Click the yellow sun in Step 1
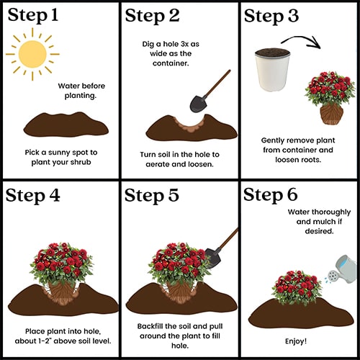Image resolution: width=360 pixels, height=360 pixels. tap(32, 54)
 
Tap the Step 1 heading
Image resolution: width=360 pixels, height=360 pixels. tap(33, 15)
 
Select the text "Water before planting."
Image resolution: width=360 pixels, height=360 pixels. tap(81, 91)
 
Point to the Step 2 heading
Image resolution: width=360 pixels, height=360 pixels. tap(152, 16)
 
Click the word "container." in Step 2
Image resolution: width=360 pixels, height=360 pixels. tap(171, 63)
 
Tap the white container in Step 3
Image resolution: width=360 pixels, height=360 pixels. tap(273, 70)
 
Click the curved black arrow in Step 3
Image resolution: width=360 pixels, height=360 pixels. tap(300, 38)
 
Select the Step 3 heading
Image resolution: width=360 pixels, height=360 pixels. tap(271, 16)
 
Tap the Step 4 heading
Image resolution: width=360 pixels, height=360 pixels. tap(32, 196)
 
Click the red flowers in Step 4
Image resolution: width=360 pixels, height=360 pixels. tap(62, 261)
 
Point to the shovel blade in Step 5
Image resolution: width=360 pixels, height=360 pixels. tap(213, 258)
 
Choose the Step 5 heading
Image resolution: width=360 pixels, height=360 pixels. tap(152, 196)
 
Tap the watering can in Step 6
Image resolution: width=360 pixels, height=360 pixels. tap(342, 269)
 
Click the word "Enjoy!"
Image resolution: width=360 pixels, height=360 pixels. tap(296, 341)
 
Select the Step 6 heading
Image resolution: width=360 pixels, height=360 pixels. tap(271, 195)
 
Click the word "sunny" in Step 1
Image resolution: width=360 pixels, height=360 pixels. tap(59, 153)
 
